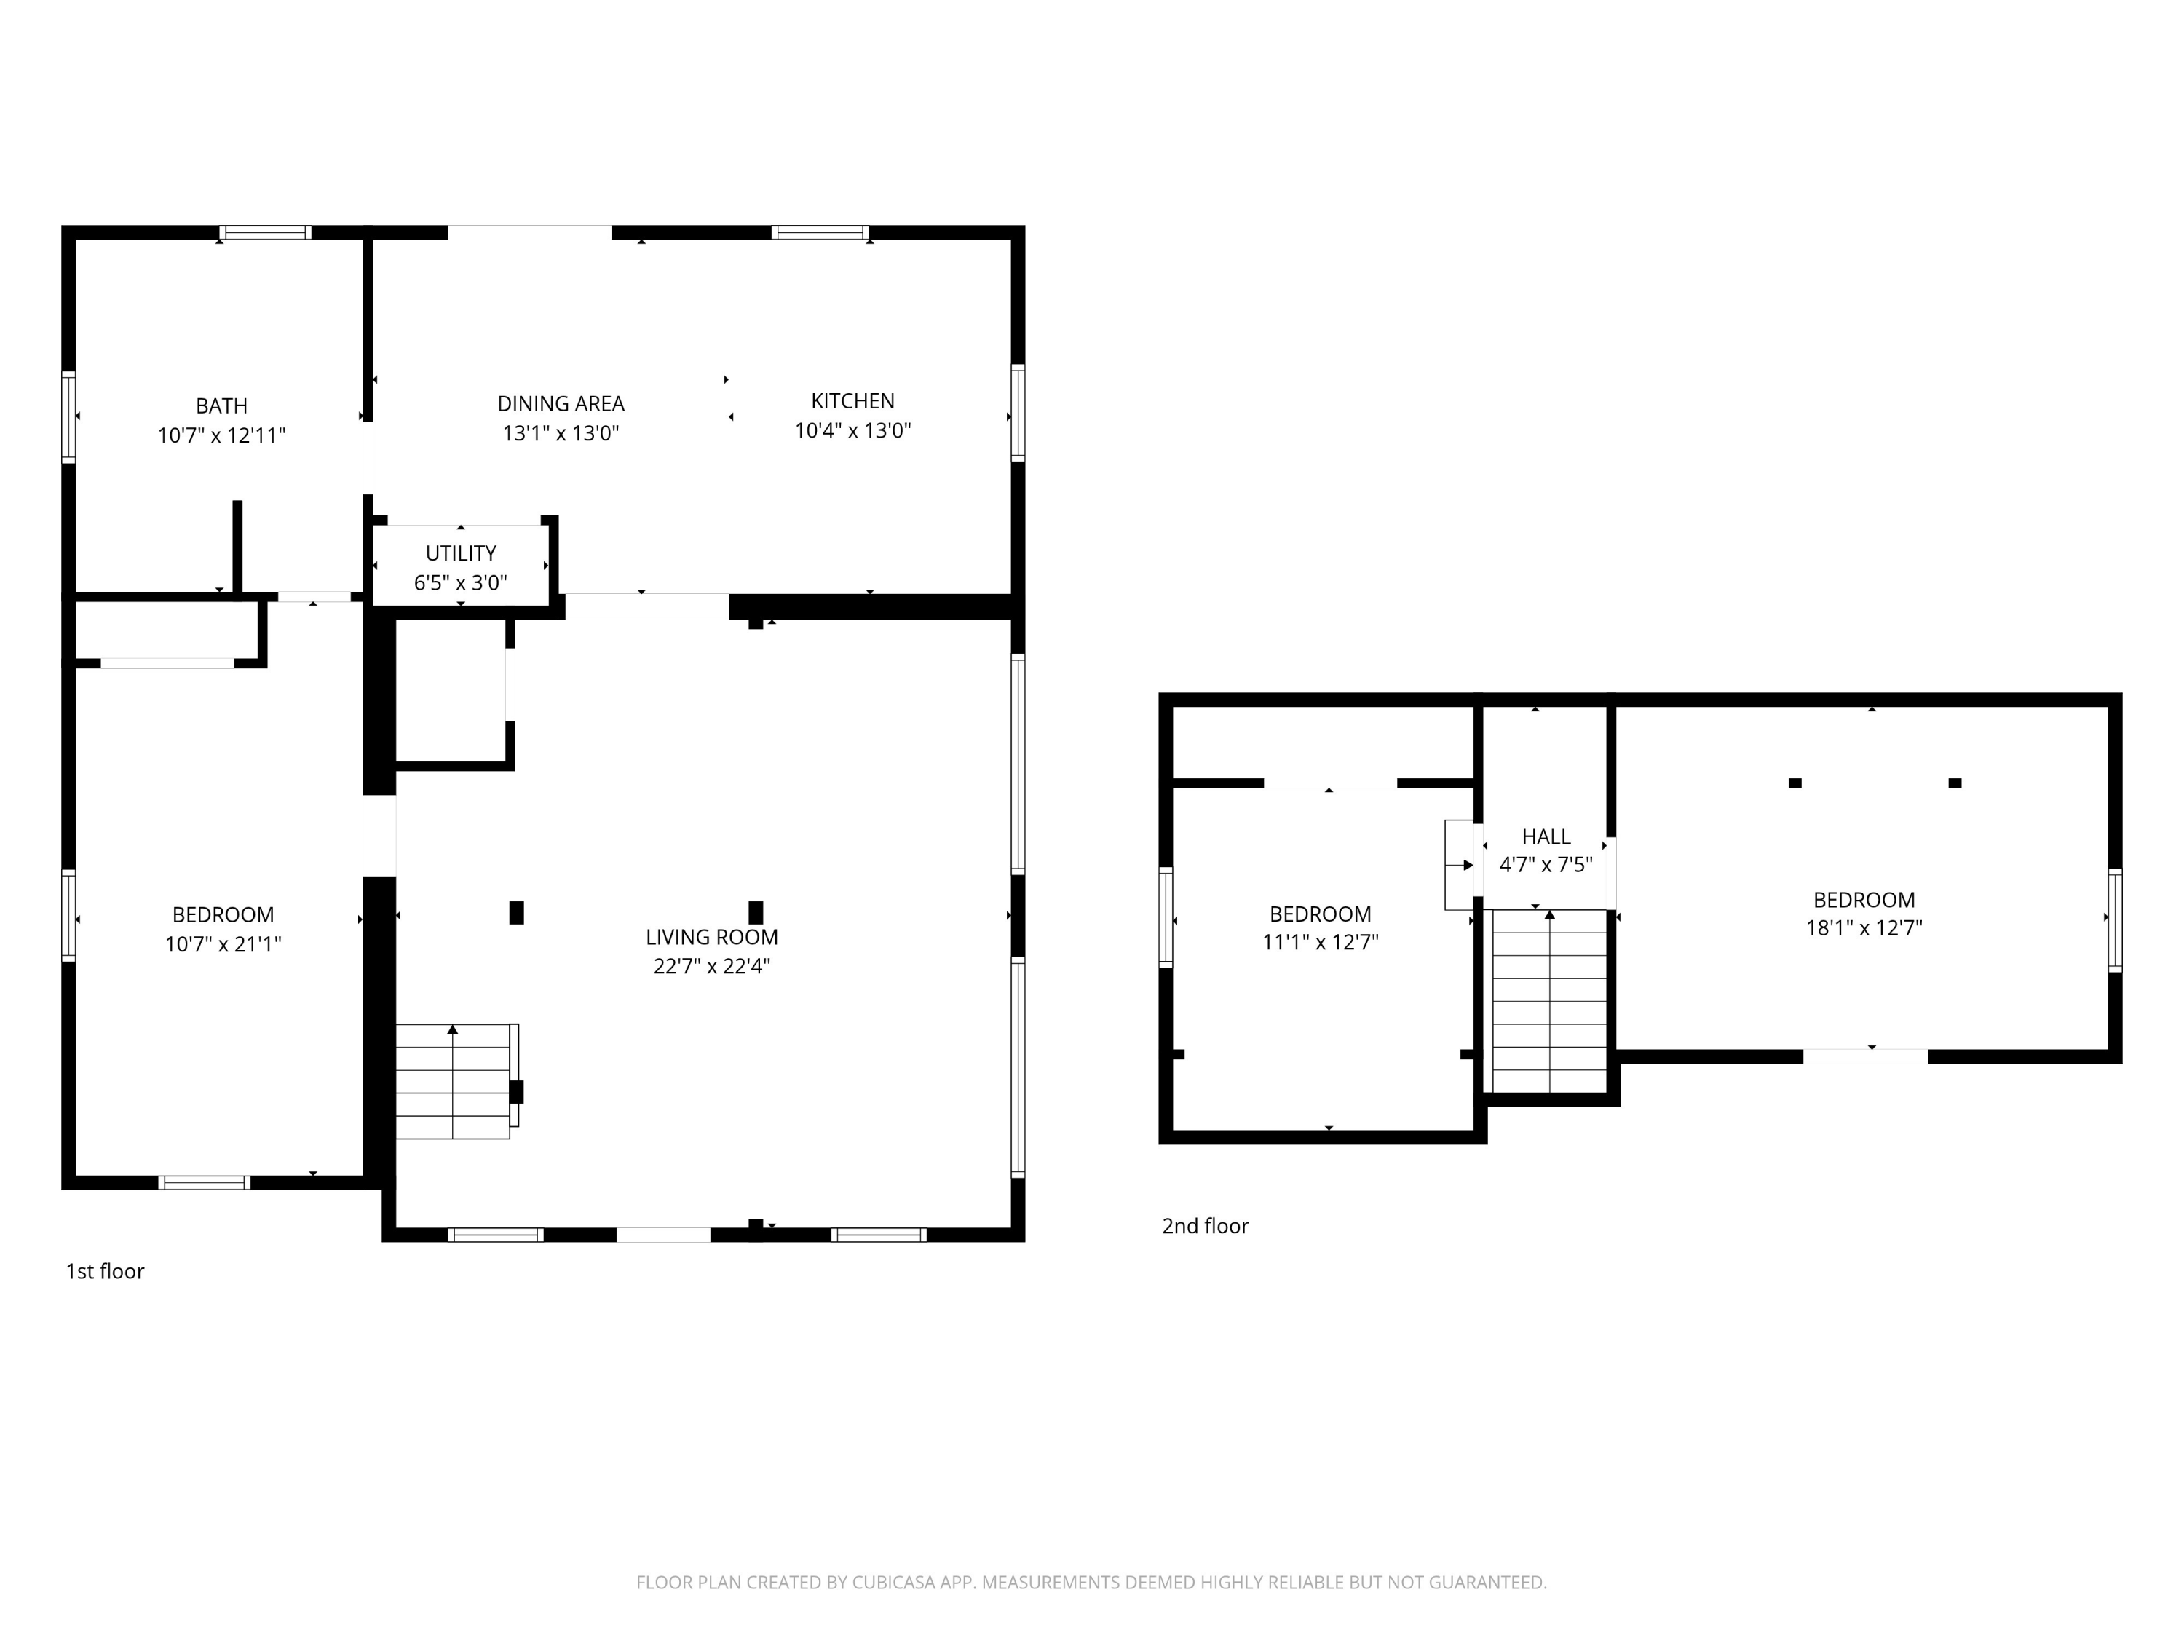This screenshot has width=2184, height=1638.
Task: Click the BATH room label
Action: [x=221, y=405]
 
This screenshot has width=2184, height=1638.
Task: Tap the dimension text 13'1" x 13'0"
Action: [x=560, y=433]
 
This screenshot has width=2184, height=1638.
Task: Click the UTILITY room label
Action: [x=460, y=553]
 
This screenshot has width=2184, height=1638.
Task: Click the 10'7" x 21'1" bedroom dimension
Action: [x=223, y=945]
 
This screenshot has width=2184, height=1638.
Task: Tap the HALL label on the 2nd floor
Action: [x=1546, y=837]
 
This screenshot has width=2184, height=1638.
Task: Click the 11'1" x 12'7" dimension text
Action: [x=1319, y=942]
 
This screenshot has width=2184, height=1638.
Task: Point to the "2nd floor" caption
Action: [x=1205, y=1226]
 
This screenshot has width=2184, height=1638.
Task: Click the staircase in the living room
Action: [x=454, y=1081]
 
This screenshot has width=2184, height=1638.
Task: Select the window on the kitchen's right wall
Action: [x=1017, y=412]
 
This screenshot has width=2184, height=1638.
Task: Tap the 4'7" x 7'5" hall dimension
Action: [x=1546, y=866]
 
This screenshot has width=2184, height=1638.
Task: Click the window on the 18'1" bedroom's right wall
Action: [x=2114, y=919]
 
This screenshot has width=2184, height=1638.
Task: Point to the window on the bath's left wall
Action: [x=68, y=416]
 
